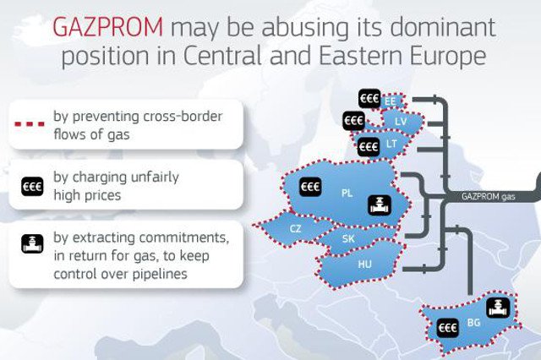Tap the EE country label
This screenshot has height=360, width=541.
pyautogui.click(x=390, y=102)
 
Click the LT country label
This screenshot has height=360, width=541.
pyautogui.click(x=391, y=145)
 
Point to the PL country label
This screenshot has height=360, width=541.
pyautogui.click(x=347, y=193)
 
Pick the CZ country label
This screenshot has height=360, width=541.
pyautogui.click(x=295, y=229)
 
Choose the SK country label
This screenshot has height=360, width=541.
pyautogui.click(x=347, y=239)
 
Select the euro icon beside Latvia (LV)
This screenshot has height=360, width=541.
pyautogui.click(x=353, y=123)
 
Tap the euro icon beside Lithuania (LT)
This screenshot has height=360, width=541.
pyautogui.click(x=369, y=147)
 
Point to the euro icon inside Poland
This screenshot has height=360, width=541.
pyautogui.click(x=311, y=186)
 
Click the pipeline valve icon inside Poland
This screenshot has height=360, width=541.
pyautogui.click(x=379, y=205)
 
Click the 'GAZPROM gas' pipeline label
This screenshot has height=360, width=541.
pyautogui.click(x=488, y=196)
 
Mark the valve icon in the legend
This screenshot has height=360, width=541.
pyautogui.click(x=32, y=245)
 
